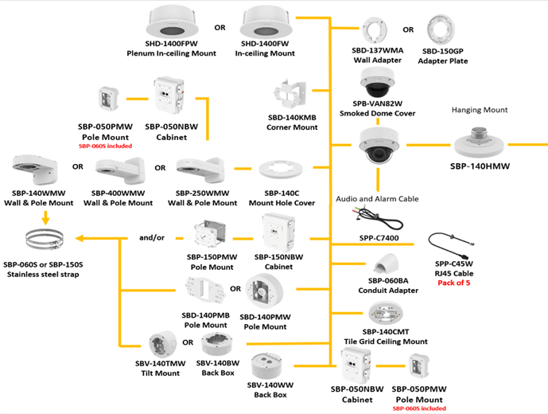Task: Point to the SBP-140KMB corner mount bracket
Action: tap(292, 96)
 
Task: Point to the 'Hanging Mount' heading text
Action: tap(479, 110)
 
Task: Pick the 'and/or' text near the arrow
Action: tap(151, 236)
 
